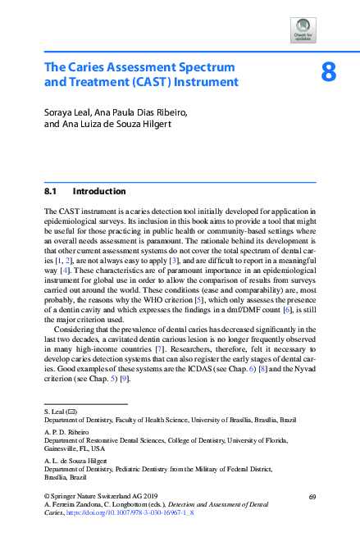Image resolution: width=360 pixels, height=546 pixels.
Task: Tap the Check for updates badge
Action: pos(303,30)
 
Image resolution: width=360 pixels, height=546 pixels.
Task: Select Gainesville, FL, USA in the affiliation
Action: pos(74,449)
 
